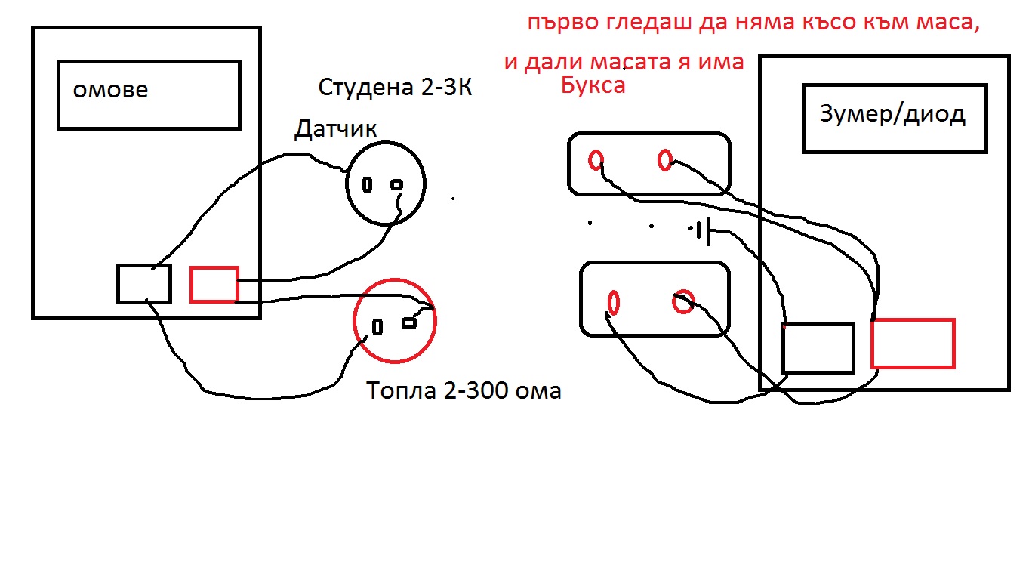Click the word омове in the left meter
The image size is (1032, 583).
click(x=110, y=90)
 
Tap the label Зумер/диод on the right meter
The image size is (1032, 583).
click(x=892, y=114)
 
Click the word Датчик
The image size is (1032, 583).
click(x=335, y=129)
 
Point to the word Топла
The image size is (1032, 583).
click(x=402, y=391)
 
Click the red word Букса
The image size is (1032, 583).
click(x=593, y=85)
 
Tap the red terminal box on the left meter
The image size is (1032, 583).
click(x=214, y=285)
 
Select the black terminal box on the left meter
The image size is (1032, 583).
click(x=144, y=284)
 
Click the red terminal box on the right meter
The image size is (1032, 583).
click(x=913, y=344)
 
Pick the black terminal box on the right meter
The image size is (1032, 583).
click(x=818, y=348)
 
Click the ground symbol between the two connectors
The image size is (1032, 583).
click(x=704, y=230)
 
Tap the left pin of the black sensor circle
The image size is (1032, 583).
click(x=367, y=185)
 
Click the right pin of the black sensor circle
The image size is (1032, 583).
click(x=396, y=185)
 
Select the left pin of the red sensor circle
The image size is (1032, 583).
click(x=377, y=327)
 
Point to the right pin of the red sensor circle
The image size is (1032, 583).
click(x=409, y=323)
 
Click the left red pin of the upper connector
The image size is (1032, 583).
click(x=596, y=160)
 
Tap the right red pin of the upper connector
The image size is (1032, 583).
click(x=665, y=160)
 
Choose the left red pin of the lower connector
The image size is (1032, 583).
click(x=614, y=302)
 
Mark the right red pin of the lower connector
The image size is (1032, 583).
click(x=683, y=302)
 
